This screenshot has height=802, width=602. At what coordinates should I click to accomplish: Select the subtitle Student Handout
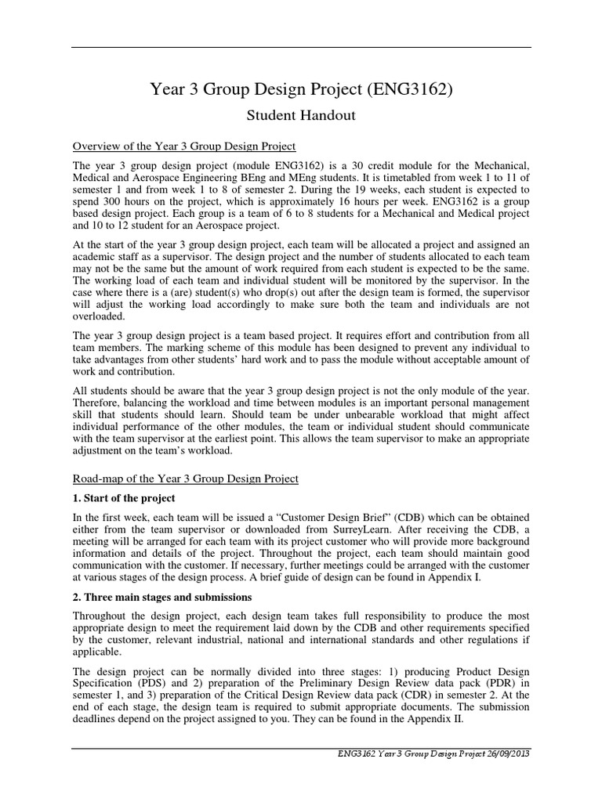(x=301, y=116)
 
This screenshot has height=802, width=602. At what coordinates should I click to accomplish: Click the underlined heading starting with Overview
(x=184, y=146)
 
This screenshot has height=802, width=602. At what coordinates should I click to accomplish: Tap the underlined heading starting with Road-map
(x=186, y=478)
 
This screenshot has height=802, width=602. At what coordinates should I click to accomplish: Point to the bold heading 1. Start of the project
(x=124, y=498)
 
